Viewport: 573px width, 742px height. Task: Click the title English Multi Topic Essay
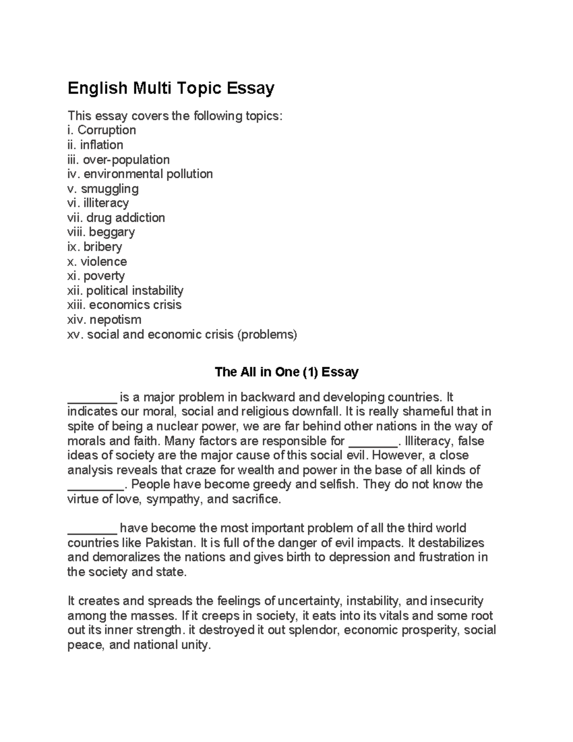coord(171,88)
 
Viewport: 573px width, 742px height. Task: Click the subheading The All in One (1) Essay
coord(286,372)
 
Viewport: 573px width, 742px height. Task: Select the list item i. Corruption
coord(102,130)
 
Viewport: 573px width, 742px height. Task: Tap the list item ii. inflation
coord(95,145)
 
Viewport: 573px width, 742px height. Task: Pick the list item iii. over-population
coord(118,159)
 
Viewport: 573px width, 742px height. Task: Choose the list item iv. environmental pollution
coord(140,174)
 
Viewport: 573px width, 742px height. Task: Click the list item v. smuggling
coord(103,188)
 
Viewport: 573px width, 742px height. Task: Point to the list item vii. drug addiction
coord(116,217)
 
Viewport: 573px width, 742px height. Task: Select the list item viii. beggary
coord(101,232)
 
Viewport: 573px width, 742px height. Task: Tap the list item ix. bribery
coord(95,247)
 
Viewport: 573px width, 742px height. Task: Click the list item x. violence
coord(97,261)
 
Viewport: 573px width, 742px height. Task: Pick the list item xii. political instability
coord(125,290)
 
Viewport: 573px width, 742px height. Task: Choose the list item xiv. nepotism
coord(105,320)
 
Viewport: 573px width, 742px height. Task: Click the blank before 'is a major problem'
coord(92,398)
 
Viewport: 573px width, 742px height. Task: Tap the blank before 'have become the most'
coord(92,528)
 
